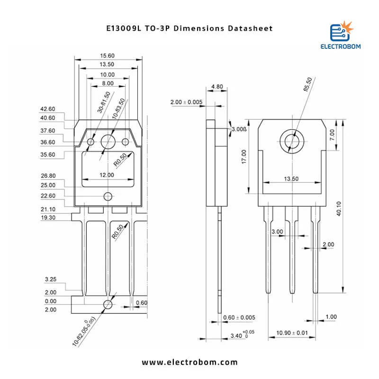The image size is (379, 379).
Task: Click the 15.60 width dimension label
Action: point(107,56)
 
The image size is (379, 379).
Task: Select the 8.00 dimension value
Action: point(108,83)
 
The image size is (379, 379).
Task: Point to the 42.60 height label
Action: point(48,109)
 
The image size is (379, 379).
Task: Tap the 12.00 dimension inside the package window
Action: point(107,175)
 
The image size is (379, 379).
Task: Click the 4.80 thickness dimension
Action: point(217,87)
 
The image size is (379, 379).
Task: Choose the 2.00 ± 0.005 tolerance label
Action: point(186,102)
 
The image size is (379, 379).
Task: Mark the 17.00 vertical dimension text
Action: point(244,157)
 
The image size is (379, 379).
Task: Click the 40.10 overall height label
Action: point(339,208)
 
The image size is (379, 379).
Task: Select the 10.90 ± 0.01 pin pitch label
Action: point(292,333)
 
